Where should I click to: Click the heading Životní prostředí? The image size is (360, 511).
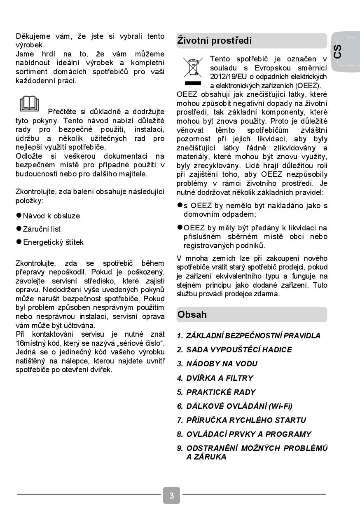214,40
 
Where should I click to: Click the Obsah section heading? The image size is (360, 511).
192,314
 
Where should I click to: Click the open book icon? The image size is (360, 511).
29,104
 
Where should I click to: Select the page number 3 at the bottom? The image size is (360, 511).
171,495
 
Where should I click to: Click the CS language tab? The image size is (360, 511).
338,52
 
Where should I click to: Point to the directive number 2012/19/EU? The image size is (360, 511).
227,77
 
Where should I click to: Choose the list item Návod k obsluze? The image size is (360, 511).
51,216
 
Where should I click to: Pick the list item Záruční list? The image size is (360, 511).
42,229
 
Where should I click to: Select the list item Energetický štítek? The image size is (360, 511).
53,242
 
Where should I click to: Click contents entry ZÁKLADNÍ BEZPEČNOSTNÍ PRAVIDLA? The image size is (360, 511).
253,335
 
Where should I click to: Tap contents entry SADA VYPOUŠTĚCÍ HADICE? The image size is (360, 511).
239,349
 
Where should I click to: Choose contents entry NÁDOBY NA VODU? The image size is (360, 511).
222,363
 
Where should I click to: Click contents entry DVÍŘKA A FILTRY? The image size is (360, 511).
220,378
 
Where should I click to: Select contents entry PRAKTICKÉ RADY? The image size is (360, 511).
221,392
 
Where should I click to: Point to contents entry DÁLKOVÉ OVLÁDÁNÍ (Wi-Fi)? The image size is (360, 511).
239,406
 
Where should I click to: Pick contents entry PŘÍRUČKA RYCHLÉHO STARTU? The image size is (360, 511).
246,420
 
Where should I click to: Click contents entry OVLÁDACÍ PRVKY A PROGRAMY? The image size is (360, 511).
248,434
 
